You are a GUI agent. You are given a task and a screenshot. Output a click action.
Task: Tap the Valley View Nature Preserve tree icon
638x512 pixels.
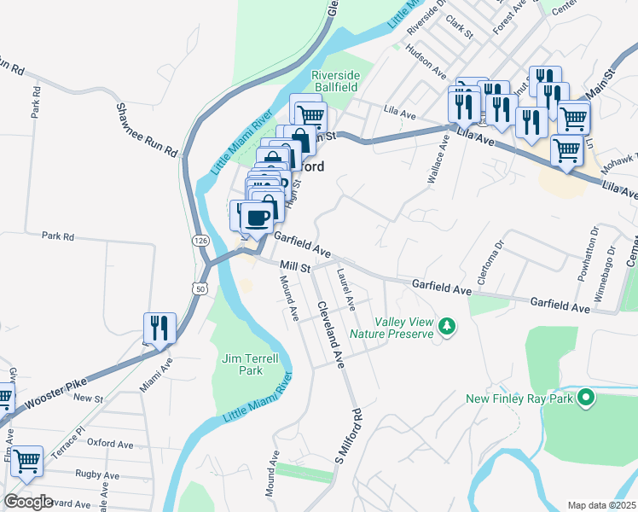click(x=445, y=326)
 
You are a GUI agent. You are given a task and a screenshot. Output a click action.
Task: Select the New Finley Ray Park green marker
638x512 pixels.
click(x=585, y=398)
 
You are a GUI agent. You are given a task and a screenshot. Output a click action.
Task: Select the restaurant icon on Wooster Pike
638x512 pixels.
click(x=159, y=329)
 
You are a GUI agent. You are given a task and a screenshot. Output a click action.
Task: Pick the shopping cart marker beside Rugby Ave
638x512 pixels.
click(x=26, y=461)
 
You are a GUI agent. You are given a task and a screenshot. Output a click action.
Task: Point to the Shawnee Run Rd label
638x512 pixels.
click(x=148, y=130)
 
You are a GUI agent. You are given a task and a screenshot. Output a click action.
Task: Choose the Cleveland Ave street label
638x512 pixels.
click(x=330, y=335)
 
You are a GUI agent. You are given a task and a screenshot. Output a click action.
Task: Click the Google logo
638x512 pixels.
click(x=28, y=502)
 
